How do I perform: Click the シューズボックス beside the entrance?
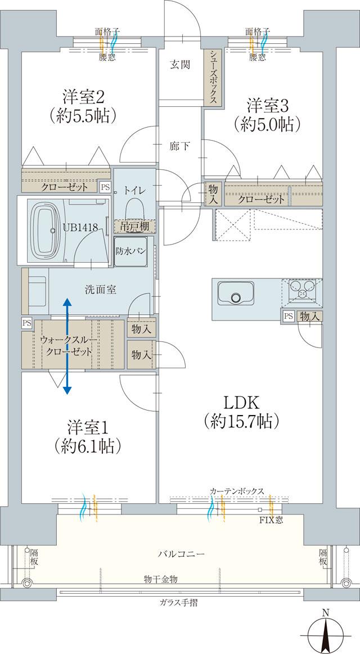214,76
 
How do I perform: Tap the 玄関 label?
180,65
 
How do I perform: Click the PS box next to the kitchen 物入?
288,316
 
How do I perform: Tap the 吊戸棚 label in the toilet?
134,226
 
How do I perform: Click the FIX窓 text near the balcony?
271,520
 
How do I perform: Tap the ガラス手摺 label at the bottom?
178,603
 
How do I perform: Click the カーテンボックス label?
237,491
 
